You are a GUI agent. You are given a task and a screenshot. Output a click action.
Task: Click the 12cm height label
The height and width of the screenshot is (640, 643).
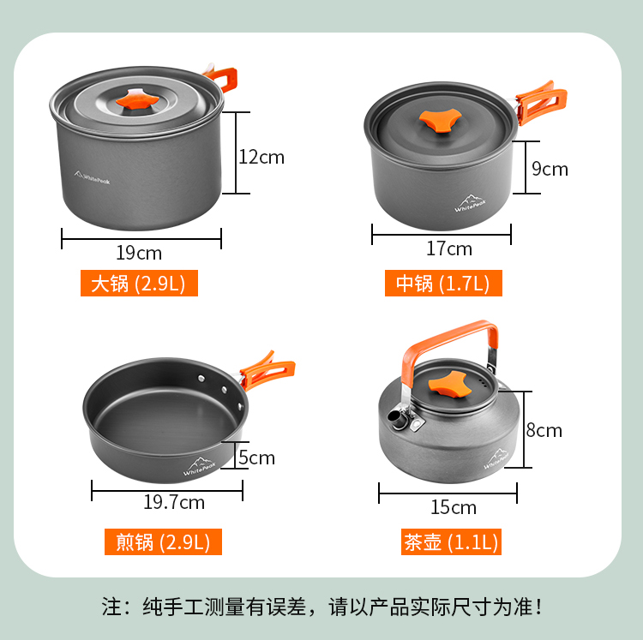[x=261, y=158]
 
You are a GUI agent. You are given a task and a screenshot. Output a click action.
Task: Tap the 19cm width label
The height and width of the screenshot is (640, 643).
[x=139, y=253]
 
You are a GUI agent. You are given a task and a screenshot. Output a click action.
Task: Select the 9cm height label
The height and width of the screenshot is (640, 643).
[x=550, y=169]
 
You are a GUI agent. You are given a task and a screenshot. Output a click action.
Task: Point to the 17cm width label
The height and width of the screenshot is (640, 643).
[x=449, y=248]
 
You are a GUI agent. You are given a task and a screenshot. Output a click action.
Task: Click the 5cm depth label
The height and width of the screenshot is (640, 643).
[x=256, y=458]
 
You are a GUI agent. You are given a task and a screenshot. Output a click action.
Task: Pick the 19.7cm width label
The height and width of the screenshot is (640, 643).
[x=174, y=502]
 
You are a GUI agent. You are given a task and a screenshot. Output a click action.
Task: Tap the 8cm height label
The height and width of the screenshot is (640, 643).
[x=544, y=430]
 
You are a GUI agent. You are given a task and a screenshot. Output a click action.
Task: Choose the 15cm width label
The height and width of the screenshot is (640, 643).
[x=454, y=507]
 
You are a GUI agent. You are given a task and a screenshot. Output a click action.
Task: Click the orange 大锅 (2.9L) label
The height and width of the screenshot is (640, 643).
[x=139, y=283]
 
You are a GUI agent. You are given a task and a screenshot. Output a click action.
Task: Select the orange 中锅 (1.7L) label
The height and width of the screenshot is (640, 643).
[x=443, y=283]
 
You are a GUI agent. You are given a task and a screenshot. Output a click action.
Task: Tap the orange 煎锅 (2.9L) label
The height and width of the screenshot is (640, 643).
[x=163, y=541]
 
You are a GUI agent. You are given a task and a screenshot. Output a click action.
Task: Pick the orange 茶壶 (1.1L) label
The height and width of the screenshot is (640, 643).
[x=451, y=541]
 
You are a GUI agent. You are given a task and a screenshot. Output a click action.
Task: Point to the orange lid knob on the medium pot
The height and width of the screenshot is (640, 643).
[x=440, y=121]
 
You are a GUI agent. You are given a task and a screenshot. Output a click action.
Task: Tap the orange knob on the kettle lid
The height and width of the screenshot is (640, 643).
[x=450, y=384]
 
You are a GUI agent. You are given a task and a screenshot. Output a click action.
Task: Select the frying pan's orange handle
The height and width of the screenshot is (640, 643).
[x=267, y=370]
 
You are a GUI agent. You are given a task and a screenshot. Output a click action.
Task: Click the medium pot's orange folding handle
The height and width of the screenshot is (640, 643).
[x=541, y=103]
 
